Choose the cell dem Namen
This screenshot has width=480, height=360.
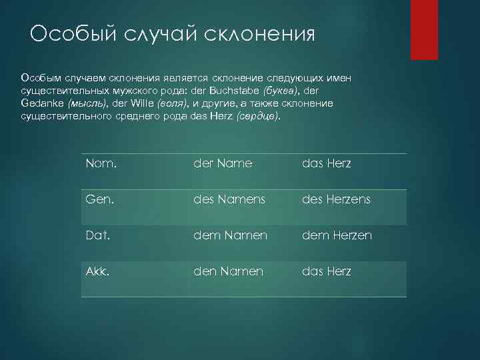(230, 235)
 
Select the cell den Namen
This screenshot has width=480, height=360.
(228, 271)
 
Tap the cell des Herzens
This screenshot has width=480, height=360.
(336, 199)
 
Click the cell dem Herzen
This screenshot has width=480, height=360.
(337, 235)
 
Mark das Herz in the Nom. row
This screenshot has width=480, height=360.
(327, 163)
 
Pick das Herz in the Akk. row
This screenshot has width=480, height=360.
(327, 271)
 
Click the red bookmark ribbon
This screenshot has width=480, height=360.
(424, 29)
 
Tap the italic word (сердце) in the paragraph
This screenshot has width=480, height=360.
(258, 117)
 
